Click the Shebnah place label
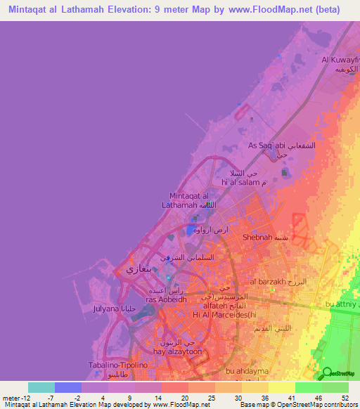[257, 238]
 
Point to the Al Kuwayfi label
[340, 60]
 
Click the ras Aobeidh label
[166, 299]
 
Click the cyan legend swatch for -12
[41, 387]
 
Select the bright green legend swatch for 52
[335, 387]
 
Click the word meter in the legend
[12, 397]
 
